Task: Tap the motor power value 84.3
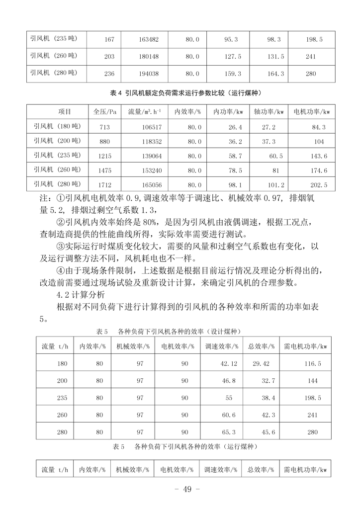(319, 128)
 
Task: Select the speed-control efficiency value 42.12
(228, 364)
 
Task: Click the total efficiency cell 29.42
(261, 364)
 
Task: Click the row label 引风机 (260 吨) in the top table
(54, 56)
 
